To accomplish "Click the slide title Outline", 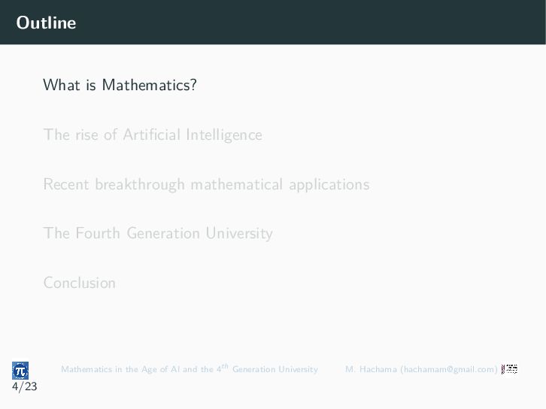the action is coord(46,23).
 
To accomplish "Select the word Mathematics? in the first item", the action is coord(150,85).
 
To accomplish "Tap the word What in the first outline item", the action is coord(62,85).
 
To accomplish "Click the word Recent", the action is coord(66,184).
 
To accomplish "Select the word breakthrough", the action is coord(140,185).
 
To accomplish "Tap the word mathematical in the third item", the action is coord(237,184).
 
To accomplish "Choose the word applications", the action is coord(329,185).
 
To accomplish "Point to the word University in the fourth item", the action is coord(239,234).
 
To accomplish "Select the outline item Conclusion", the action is coord(80,283).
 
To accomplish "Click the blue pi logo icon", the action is coord(20,371).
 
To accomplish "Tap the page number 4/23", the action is coord(24,386).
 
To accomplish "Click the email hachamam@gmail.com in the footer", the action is coord(449,369).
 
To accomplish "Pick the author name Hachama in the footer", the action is coord(378,369).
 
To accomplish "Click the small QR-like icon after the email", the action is coord(509,369).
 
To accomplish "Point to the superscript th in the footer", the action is coord(225,366).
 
